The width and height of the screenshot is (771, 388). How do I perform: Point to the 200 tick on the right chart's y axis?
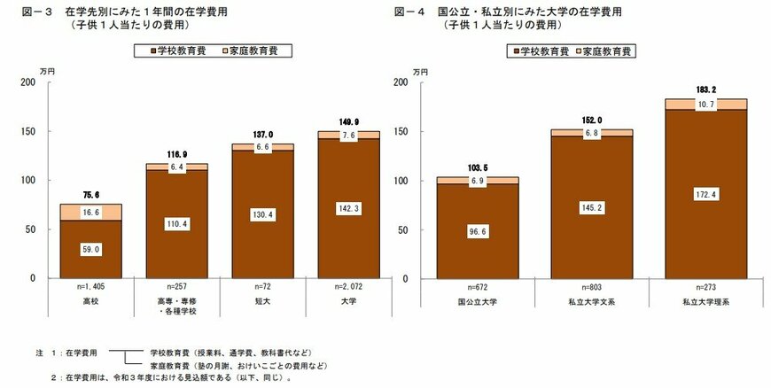point(400,82)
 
